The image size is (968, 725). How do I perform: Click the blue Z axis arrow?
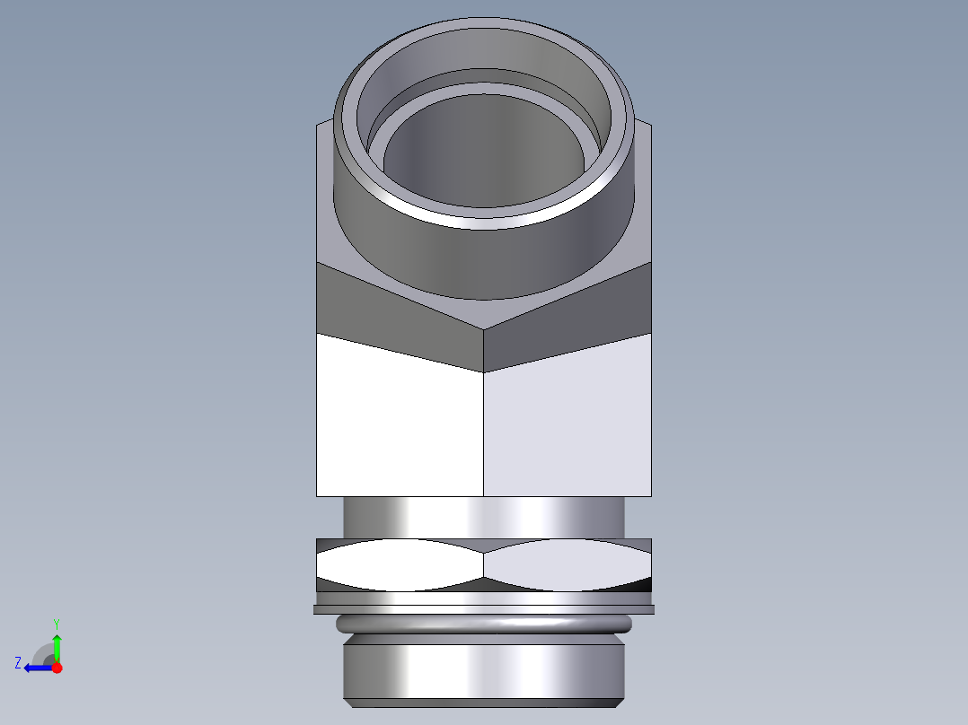[36, 668]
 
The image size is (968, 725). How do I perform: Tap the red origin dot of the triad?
[57, 668]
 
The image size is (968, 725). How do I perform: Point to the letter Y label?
[56, 623]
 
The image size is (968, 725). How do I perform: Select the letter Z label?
[18, 663]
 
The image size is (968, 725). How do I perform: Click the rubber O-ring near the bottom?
[483, 625]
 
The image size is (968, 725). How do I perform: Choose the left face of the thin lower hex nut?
[400, 564]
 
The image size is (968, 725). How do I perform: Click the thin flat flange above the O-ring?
[483, 609]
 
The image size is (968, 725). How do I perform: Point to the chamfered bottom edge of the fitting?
[483, 703]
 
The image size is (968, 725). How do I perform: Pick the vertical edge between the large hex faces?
[484, 431]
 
